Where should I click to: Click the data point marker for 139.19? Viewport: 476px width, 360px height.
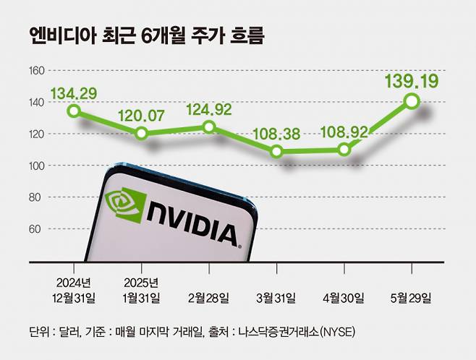pos(412,102)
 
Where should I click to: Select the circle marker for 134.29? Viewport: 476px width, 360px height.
pos(74,111)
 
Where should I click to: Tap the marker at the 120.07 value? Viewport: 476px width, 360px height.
pos(142,133)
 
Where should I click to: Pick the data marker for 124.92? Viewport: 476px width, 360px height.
pos(209,127)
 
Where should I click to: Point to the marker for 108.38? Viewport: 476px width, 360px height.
pos(276,152)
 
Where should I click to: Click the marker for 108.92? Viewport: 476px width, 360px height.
pos(344,150)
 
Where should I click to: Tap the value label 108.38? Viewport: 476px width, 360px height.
pos(276,133)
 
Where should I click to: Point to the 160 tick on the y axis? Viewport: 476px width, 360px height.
pos(37,71)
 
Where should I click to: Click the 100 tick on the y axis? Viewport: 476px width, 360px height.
pos(37,166)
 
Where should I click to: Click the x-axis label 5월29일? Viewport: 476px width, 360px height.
pos(411,297)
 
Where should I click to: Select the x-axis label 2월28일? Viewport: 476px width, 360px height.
pos(208,297)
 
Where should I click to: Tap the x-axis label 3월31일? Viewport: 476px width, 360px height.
pos(276,297)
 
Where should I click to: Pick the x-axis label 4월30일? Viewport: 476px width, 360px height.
pos(344,297)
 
